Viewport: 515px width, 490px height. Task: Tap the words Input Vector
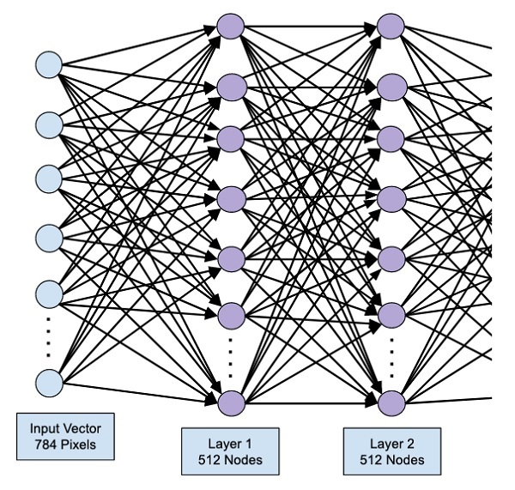point(65,428)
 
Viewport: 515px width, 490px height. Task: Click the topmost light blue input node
point(48,64)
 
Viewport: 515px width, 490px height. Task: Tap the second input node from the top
point(48,123)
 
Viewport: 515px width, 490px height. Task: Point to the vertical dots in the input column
point(48,336)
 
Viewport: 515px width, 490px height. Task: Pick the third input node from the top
point(48,178)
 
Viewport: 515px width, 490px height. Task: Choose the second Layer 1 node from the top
point(232,86)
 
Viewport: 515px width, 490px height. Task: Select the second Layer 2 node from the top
point(391,86)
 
